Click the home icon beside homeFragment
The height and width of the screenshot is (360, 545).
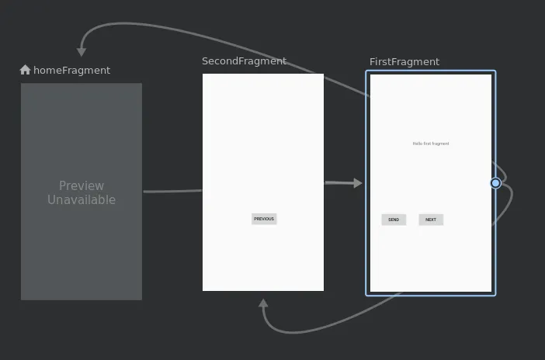[25, 70]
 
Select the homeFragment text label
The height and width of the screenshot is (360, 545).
[71, 70]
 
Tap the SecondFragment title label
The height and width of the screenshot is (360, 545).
[244, 61]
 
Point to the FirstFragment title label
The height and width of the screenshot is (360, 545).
[404, 62]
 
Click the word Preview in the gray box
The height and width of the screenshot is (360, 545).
[82, 185]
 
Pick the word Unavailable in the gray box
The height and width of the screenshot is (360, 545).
[82, 200]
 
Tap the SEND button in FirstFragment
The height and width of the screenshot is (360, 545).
[394, 220]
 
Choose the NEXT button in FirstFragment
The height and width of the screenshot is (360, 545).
[431, 220]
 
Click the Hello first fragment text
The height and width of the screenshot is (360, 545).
[431, 144]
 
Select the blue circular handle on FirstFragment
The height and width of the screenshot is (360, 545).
[495, 183]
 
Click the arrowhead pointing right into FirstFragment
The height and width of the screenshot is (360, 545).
[357, 183]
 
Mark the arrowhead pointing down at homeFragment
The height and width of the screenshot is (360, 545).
[82, 52]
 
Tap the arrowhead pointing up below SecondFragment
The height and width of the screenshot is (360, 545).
[263, 303]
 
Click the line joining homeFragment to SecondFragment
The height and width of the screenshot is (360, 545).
[172, 191]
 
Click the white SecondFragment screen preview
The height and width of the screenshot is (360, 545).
[263, 140]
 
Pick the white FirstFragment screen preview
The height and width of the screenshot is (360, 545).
[431, 256]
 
